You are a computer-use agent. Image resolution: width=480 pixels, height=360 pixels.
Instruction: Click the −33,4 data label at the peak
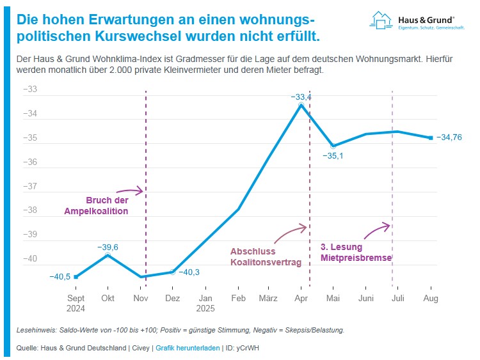(x=301, y=97)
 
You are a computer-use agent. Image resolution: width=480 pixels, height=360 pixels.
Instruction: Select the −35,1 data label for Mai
(x=333, y=155)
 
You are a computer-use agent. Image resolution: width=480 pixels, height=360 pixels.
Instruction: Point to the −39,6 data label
(x=108, y=247)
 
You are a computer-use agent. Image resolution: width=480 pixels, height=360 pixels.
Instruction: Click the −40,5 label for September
(x=60, y=277)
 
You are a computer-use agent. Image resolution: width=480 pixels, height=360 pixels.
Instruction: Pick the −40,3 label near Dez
(x=189, y=272)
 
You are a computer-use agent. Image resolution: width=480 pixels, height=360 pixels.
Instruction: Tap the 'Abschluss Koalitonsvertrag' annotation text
(x=266, y=256)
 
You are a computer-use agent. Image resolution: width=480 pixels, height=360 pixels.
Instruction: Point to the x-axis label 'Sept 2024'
(x=76, y=302)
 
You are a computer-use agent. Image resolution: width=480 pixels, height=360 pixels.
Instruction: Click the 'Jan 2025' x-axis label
(x=205, y=302)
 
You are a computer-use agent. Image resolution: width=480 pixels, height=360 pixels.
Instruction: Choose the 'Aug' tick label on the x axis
(x=430, y=298)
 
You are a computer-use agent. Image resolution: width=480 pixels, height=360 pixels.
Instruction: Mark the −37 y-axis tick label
(x=30, y=187)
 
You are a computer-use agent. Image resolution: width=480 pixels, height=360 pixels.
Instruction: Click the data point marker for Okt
(x=108, y=255)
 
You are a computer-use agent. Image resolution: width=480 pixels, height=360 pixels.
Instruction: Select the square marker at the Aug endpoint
(x=431, y=137)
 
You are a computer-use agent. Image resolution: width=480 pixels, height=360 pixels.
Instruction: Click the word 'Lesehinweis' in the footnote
(x=35, y=331)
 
